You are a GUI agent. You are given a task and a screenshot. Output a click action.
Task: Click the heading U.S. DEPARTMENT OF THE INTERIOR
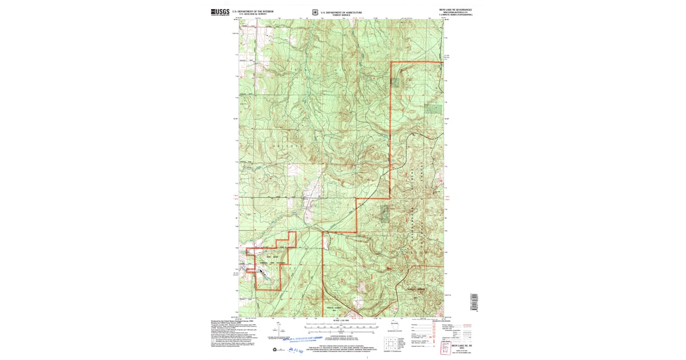click(253, 10)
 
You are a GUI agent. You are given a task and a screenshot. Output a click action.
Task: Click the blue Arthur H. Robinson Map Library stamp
click(311, 338)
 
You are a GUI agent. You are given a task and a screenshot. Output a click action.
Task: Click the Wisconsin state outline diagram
click(395, 325)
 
